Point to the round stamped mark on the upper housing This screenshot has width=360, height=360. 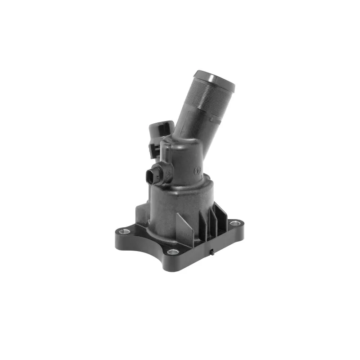(197, 171)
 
